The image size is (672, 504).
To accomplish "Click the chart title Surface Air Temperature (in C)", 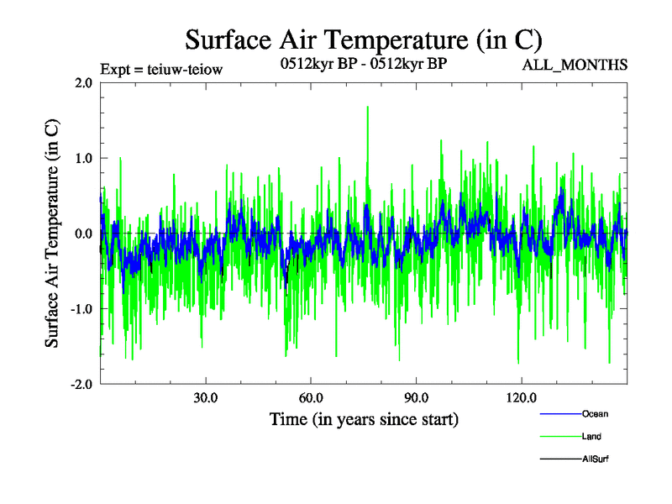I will tap(363, 39).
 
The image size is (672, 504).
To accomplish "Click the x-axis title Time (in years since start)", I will tap(364, 418).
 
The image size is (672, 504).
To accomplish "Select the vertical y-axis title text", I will tap(52, 233).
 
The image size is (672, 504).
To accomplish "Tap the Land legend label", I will tap(591, 436).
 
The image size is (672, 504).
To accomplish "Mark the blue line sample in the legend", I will tap(559, 413).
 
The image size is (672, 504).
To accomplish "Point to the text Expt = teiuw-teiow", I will tap(160, 70).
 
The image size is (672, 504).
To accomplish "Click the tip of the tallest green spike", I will tap(367, 107).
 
